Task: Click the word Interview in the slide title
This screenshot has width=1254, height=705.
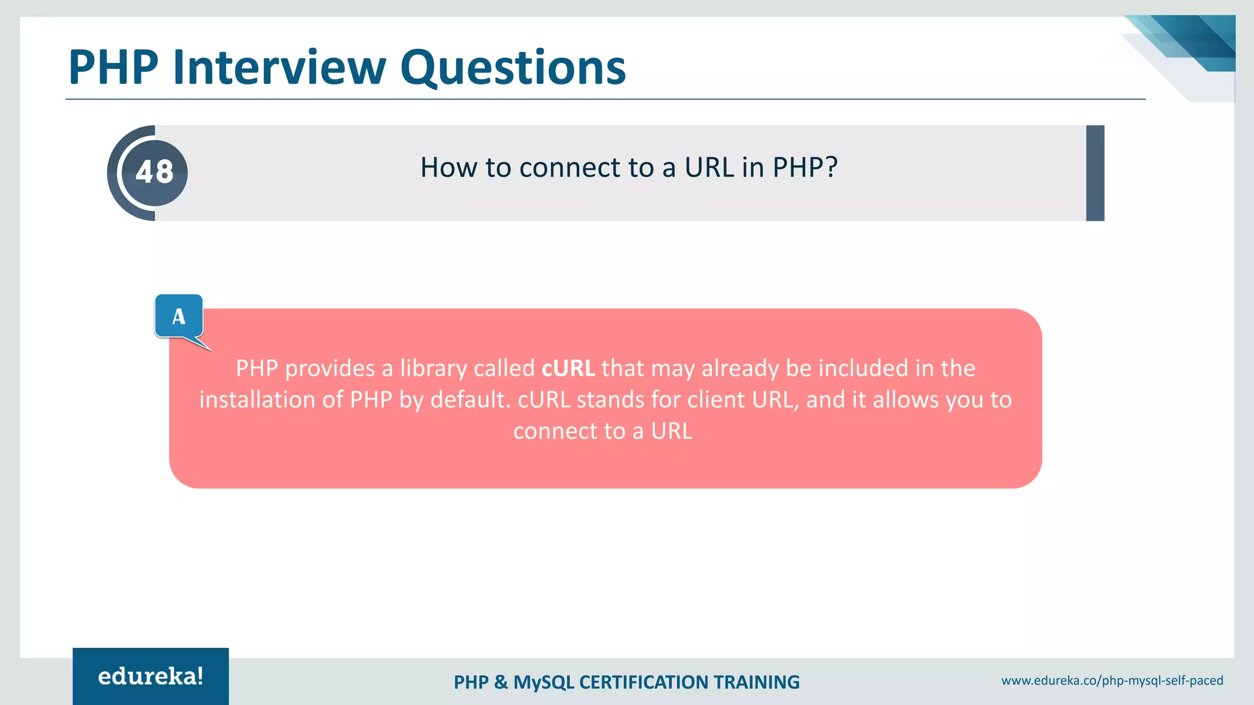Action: pyautogui.click(x=279, y=67)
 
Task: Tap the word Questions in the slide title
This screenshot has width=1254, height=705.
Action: pyautogui.click(x=513, y=67)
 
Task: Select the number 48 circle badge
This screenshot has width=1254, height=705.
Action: pyautogui.click(x=155, y=173)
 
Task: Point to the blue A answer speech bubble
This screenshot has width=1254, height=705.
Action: pyautogui.click(x=179, y=316)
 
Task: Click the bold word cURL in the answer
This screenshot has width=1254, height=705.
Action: pyautogui.click(x=568, y=368)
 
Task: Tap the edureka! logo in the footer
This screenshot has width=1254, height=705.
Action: pyautogui.click(x=151, y=676)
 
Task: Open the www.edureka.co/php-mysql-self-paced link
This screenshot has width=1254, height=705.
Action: pyautogui.click(x=1112, y=681)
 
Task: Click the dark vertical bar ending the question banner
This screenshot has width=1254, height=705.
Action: pyautogui.click(x=1095, y=173)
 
